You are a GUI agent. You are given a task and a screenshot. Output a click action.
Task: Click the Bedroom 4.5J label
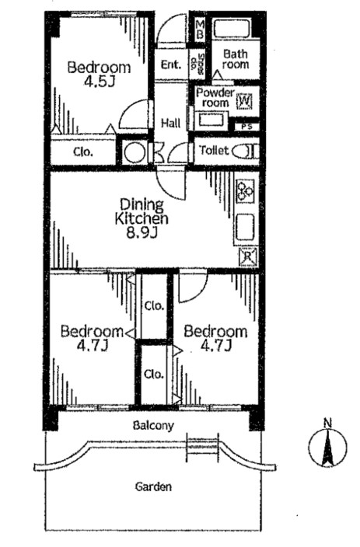(99, 74)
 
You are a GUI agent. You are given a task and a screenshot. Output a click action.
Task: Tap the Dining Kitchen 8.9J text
(142, 219)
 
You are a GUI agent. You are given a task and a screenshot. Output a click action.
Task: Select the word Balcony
(153, 426)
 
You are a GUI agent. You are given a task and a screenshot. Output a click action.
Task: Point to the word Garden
(153, 486)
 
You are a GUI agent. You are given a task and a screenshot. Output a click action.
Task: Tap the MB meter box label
(200, 30)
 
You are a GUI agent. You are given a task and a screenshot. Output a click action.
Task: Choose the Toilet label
(215, 151)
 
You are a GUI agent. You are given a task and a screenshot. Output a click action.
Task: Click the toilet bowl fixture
(246, 152)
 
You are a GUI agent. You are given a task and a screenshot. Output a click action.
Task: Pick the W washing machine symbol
(244, 101)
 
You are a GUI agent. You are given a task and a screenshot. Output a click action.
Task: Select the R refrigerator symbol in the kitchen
(248, 256)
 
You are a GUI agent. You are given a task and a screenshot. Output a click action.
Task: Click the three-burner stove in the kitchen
(246, 191)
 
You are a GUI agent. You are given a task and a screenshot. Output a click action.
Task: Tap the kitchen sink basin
(246, 227)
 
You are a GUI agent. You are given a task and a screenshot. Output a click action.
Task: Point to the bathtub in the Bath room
(232, 29)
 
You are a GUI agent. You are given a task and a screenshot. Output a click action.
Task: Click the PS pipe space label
(246, 127)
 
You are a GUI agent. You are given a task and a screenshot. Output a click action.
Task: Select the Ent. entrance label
(171, 64)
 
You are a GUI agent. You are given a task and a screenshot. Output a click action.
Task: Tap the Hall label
(171, 123)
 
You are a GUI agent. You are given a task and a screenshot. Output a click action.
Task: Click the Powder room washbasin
(211, 120)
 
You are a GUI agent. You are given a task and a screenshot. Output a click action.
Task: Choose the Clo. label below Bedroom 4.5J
(83, 152)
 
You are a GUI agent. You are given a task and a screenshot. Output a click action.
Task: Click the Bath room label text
(236, 59)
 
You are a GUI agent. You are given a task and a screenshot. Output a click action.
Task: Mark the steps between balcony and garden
(203, 447)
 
